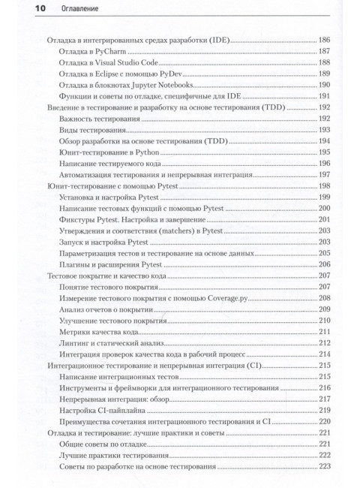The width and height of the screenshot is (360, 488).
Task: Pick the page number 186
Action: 324,39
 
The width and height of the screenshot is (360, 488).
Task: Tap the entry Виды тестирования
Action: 88,132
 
